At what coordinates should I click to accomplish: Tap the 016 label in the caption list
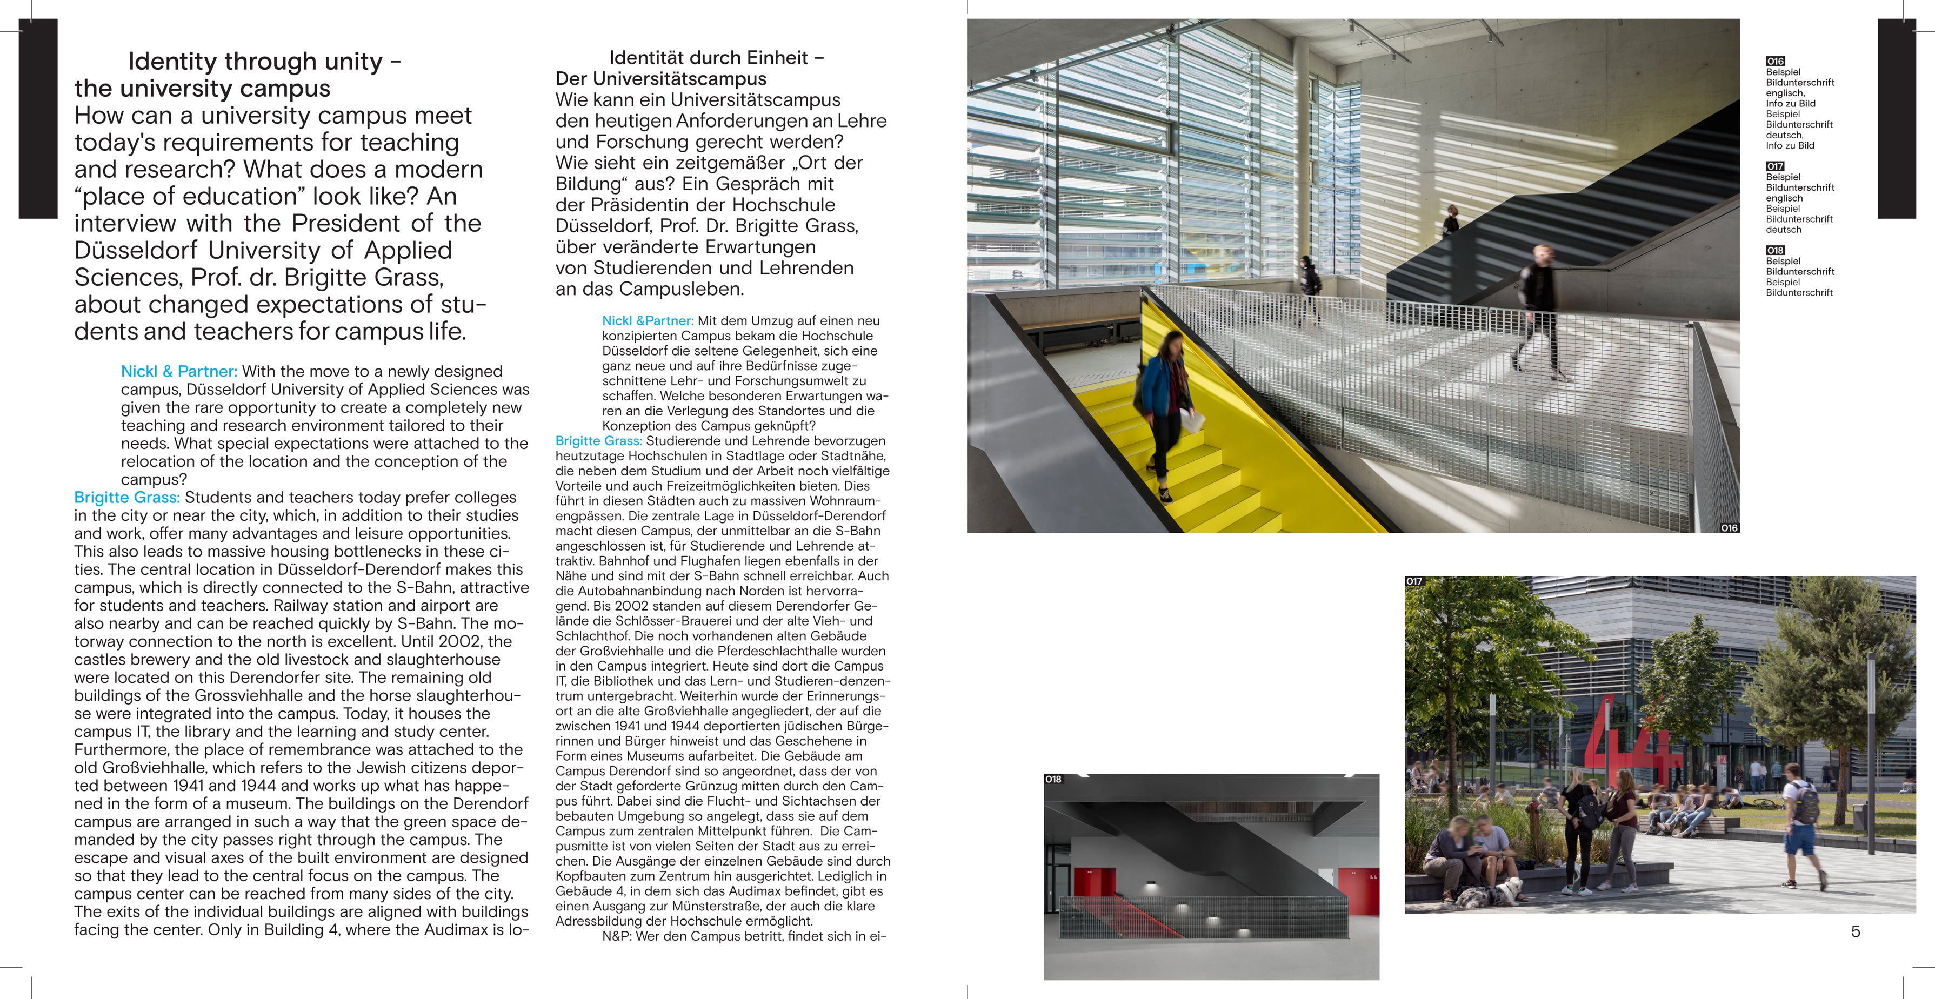(1775, 61)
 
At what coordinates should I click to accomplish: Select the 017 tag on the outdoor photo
(1414, 581)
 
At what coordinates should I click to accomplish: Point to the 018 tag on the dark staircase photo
(1053, 779)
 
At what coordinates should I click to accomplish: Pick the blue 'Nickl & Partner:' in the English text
(179, 371)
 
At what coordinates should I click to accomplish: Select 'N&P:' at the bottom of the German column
(617, 936)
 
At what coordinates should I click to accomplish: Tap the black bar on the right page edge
(1896, 119)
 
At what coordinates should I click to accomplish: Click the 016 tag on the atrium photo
(1729, 528)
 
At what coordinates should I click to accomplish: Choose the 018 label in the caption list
(1775, 250)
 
